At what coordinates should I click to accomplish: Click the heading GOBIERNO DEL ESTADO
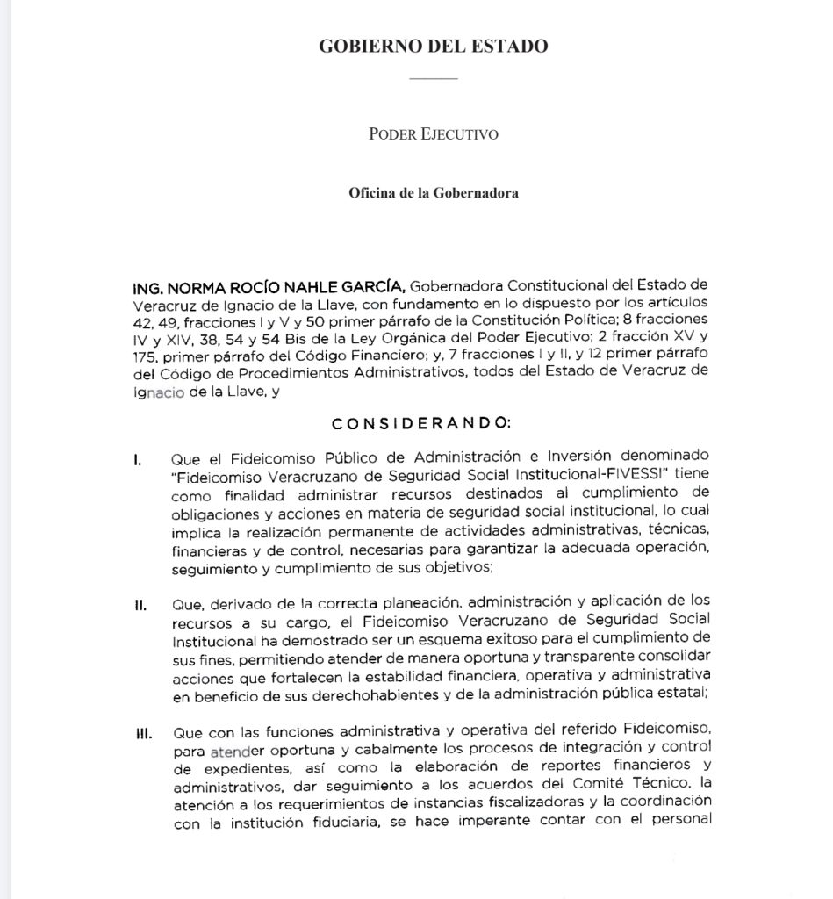click(x=434, y=46)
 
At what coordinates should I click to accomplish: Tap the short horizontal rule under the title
click(x=434, y=79)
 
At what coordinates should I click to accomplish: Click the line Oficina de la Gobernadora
click(x=434, y=193)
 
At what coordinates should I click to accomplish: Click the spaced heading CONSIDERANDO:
click(x=420, y=422)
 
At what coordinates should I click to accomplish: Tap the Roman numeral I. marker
click(x=139, y=458)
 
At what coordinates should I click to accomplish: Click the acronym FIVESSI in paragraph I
click(x=639, y=475)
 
